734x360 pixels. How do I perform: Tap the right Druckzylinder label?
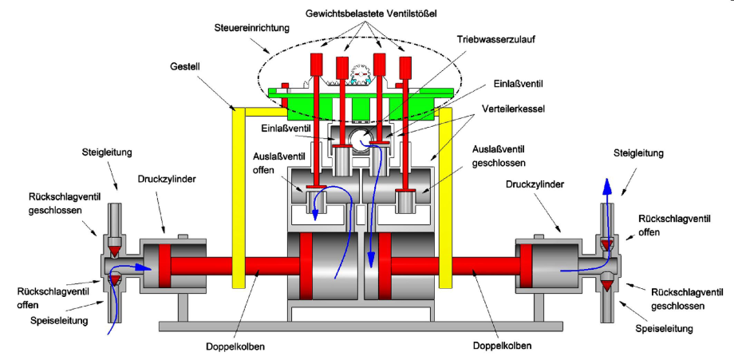pos(531,184)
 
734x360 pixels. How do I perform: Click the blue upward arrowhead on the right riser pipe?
pos(607,188)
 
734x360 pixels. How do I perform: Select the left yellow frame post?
pos(236,200)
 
